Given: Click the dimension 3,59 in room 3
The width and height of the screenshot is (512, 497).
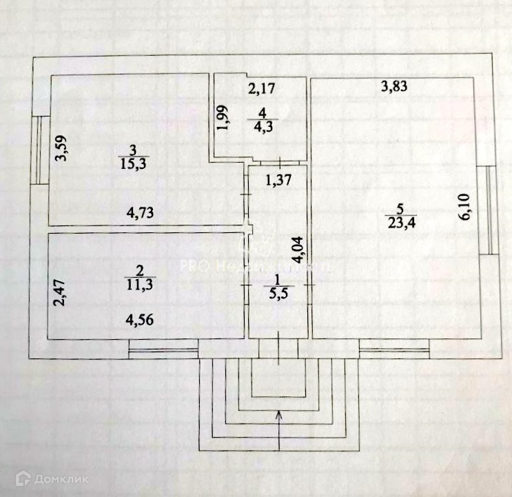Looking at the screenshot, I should [x=62, y=148].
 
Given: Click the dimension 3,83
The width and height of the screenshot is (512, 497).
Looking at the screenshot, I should [x=396, y=88].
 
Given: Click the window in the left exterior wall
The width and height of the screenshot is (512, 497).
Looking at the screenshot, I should [x=39, y=150].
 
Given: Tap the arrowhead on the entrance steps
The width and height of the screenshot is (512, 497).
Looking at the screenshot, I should [x=279, y=414].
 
